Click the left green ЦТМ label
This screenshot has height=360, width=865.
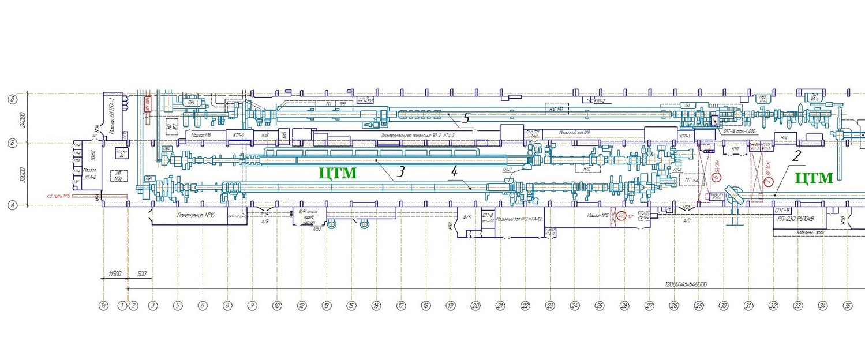[338, 172]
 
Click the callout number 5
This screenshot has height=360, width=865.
[466, 118]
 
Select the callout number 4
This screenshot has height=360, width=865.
[454, 171]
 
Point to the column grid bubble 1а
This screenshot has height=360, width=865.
[103, 305]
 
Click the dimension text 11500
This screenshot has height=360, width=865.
[114, 274]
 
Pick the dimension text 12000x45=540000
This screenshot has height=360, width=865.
[686, 284]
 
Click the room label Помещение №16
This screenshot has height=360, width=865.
[194, 215]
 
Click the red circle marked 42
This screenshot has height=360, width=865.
[621, 216]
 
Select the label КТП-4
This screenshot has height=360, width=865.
[238, 134]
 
